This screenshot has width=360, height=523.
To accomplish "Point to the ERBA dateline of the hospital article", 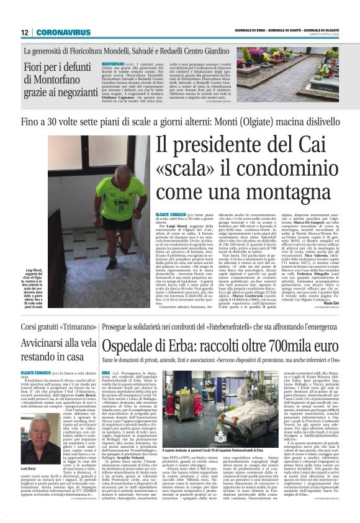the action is tap(107, 371).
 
